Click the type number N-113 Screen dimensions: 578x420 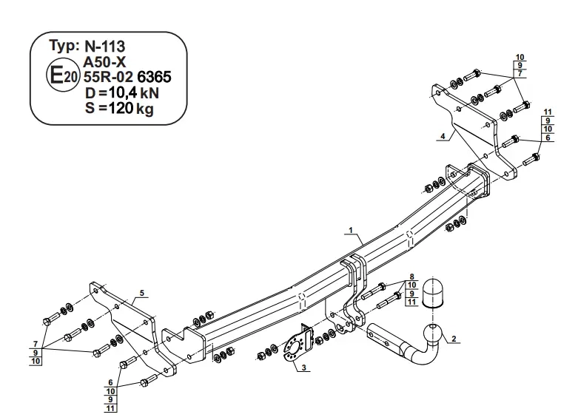tap(105, 47)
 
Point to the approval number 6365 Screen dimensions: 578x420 tap(154, 77)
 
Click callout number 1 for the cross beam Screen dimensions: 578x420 tap(351, 230)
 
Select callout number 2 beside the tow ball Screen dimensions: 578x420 tap(454, 339)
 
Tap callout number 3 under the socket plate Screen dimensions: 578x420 tap(303, 367)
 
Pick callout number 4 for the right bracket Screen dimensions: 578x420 tap(443, 136)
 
